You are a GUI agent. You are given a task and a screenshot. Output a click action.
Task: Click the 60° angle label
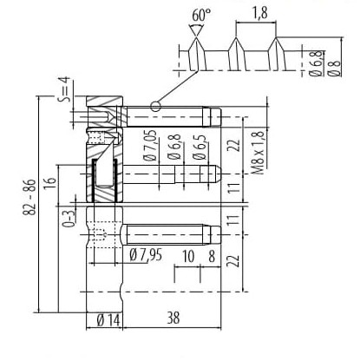201,15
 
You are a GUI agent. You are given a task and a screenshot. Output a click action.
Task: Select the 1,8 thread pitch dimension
260,13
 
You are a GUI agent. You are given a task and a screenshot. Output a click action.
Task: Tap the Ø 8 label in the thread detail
335,68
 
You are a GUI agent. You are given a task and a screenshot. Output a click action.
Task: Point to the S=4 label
64,89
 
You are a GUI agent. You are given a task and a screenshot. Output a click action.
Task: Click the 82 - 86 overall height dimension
29,197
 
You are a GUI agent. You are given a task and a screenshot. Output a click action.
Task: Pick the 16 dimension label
50,182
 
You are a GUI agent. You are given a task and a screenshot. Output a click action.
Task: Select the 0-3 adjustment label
69,219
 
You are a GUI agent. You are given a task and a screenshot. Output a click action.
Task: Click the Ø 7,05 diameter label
150,146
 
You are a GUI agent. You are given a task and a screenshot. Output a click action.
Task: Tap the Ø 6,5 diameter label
200,148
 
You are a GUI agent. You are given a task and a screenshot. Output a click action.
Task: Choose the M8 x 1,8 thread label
258,153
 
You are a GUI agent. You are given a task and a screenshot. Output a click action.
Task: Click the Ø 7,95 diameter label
146,255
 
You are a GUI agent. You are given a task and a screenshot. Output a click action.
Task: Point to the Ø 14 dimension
108,320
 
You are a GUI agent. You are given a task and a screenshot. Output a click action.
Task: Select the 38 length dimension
173,318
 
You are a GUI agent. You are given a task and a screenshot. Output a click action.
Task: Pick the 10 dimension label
188,256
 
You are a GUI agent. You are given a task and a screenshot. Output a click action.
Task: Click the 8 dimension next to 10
212,256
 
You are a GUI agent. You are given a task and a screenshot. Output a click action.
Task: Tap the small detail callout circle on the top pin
155,107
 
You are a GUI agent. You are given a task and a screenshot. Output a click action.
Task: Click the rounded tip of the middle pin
218,174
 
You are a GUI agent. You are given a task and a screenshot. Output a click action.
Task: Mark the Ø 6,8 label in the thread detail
316,63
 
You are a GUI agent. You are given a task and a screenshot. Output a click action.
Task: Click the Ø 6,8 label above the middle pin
174,148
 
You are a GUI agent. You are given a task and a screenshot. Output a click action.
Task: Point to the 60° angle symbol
197,30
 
